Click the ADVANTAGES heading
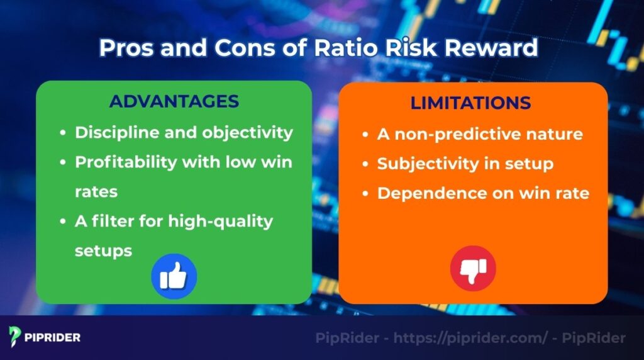tap(174, 101)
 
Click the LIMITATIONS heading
tap(470, 103)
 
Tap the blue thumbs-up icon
tap(174, 276)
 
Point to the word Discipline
tap(113, 133)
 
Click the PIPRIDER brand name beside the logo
tap(53, 337)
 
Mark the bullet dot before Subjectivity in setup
tap(365, 164)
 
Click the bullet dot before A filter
tap(63, 222)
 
